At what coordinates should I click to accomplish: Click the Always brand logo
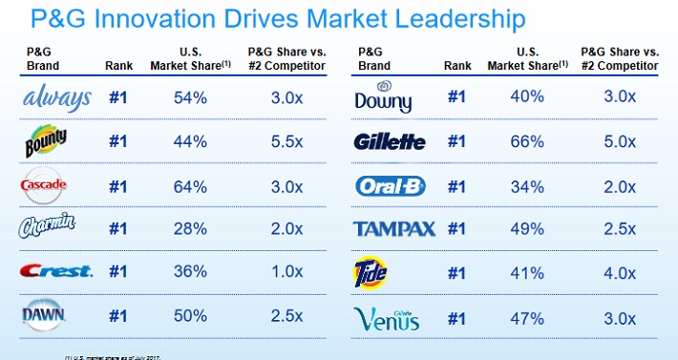(58, 97)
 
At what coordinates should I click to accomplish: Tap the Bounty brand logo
(46, 141)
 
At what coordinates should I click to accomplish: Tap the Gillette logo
(391, 141)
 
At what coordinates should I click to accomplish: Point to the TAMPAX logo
(395, 228)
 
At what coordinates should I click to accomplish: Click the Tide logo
(371, 272)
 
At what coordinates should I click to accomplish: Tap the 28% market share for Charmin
(191, 228)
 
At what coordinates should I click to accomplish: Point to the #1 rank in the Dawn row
(117, 316)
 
